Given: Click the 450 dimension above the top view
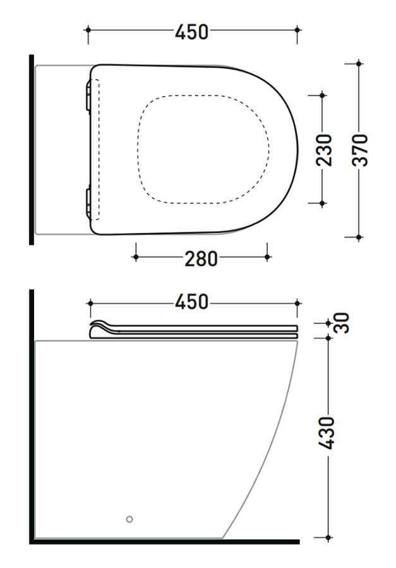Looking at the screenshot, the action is pyautogui.click(x=191, y=32).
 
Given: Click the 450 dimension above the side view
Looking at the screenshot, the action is pyautogui.click(x=191, y=302).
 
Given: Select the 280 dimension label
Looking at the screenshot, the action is pyautogui.click(x=201, y=259).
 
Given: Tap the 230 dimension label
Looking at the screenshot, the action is pyautogui.click(x=324, y=150).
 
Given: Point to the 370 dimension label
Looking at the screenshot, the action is pyautogui.click(x=360, y=150).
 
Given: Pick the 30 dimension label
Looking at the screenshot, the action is pyautogui.click(x=342, y=323).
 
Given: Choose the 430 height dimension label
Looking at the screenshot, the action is pyautogui.click(x=326, y=433).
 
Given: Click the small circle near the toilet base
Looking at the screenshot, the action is pyautogui.click(x=129, y=519).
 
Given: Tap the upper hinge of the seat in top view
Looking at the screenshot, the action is pyautogui.click(x=88, y=96).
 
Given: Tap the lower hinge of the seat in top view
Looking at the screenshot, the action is pyautogui.click(x=88, y=202).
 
